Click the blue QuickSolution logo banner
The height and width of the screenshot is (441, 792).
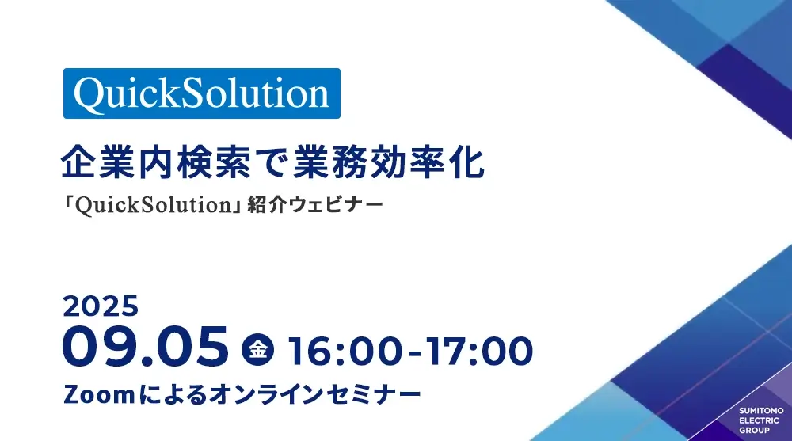(x=201, y=93)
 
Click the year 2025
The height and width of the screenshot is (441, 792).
(x=101, y=306)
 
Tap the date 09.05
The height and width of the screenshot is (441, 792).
(x=146, y=347)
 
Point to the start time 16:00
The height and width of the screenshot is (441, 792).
(x=345, y=352)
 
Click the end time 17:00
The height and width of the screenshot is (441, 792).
(x=478, y=352)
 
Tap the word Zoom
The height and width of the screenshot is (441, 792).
(x=99, y=395)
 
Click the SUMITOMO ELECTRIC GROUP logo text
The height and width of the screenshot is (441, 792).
(x=761, y=420)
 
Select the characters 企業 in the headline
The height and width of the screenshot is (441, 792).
(x=99, y=162)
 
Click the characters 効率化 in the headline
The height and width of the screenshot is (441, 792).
(x=427, y=162)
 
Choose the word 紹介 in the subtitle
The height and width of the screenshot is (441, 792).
(x=267, y=205)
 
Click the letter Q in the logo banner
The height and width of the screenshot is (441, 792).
(x=91, y=95)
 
